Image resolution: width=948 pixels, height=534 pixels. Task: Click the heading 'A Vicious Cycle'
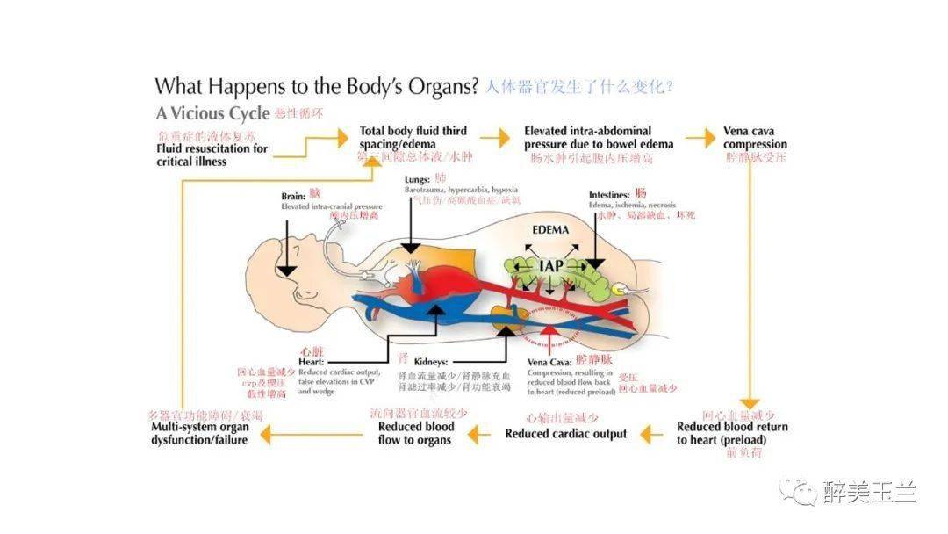pos(212,113)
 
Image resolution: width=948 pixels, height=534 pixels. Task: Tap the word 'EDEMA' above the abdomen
pos(550,230)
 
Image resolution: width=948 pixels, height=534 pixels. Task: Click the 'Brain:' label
pos(293,196)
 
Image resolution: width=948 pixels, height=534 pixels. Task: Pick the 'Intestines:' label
pos(609,193)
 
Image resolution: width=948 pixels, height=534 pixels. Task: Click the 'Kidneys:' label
pos(431,361)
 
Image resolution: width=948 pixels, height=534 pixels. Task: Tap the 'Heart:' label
pos(311,362)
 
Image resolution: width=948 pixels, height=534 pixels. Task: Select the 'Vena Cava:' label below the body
pos(550,361)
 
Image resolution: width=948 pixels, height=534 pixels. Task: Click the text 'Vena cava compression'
pos(755,138)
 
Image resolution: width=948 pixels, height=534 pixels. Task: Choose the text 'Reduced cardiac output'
pos(565,434)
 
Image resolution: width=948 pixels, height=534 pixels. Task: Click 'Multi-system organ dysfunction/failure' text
pos(199,433)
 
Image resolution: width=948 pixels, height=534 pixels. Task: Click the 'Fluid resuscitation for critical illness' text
pos(212,155)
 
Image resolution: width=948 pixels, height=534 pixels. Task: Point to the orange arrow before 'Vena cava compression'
pos(700,138)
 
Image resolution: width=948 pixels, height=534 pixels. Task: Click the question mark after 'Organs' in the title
pos(473,86)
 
